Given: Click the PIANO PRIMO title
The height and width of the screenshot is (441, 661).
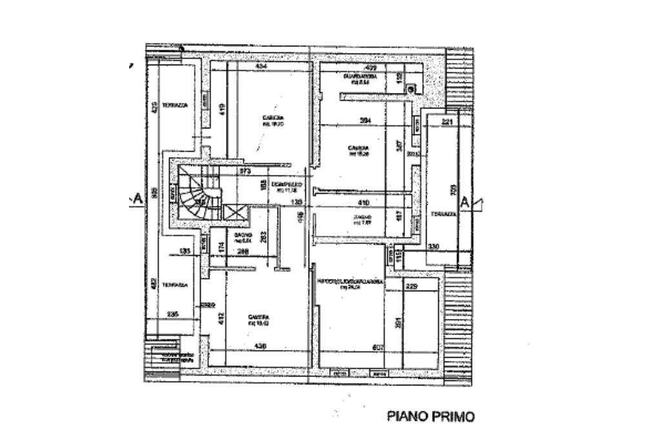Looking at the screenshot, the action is (431, 416).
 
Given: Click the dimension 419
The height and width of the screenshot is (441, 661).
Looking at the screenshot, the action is (221, 109).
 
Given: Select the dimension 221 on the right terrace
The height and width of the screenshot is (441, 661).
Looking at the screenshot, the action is (449, 121).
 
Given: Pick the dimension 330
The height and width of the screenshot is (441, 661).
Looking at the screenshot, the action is (433, 246).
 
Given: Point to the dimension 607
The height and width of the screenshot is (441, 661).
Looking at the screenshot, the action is (379, 348).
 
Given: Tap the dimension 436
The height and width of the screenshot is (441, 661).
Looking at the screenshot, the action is (260, 347).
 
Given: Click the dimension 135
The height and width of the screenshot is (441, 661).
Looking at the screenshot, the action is (185, 252).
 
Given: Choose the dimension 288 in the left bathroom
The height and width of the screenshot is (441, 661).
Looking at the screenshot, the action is (243, 252).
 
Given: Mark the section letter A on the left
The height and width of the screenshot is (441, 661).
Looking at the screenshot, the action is (137, 200).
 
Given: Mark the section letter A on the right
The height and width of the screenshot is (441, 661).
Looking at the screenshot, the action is (465, 202).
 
